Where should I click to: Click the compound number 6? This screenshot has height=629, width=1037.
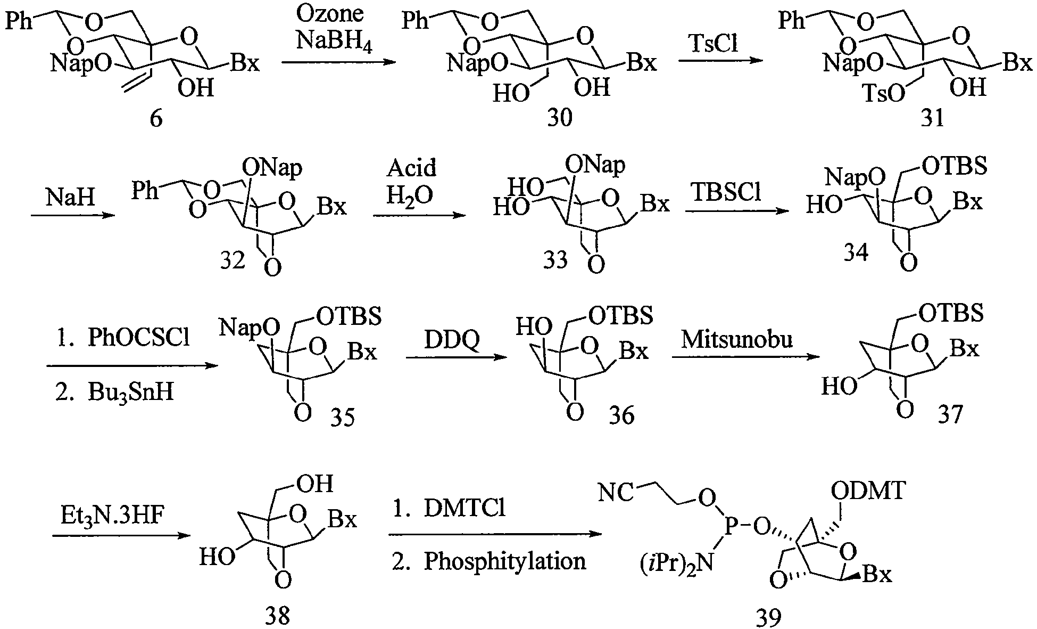[x=155, y=118]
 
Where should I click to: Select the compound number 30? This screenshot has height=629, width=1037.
[x=560, y=117]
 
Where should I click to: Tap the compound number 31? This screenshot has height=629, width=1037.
[x=933, y=118]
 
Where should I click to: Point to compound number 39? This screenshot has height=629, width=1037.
[x=769, y=617]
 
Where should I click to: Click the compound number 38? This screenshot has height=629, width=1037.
[x=277, y=616]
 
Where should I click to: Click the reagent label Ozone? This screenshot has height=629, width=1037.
[x=330, y=14]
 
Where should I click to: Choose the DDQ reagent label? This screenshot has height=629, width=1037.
[x=452, y=339]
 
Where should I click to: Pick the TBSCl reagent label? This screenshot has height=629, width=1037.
[x=726, y=192]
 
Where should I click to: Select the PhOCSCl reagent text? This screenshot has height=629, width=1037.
[x=138, y=338]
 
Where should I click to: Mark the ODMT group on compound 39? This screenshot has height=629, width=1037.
[x=869, y=491]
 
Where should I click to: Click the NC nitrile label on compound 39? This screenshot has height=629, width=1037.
[x=616, y=493]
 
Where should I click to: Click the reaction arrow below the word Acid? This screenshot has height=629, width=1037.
[x=419, y=215]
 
